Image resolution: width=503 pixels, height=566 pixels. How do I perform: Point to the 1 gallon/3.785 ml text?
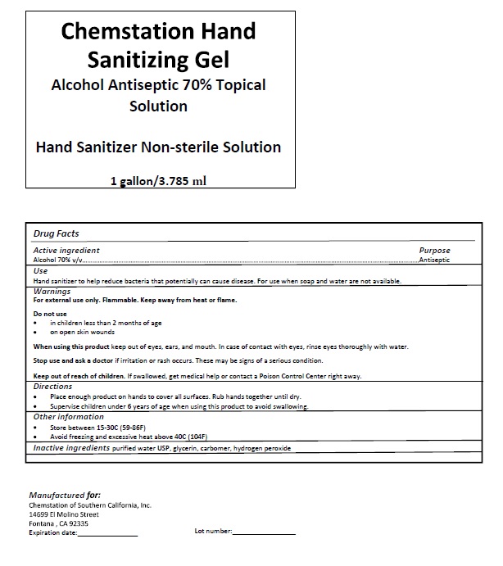[x=159, y=181]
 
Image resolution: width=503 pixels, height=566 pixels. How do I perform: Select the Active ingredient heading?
[x=66, y=250]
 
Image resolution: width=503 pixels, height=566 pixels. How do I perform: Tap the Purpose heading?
[x=434, y=250]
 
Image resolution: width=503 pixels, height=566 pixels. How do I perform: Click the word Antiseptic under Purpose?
[x=434, y=260]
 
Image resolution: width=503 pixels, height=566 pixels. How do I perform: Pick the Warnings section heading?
[x=52, y=291]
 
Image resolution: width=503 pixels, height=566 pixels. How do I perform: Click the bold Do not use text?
[x=50, y=314]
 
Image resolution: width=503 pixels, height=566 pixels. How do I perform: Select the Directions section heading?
[x=53, y=386]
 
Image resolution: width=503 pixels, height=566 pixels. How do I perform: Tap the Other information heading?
[x=68, y=417]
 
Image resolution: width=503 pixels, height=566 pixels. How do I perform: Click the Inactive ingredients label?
[x=71, y=448]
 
